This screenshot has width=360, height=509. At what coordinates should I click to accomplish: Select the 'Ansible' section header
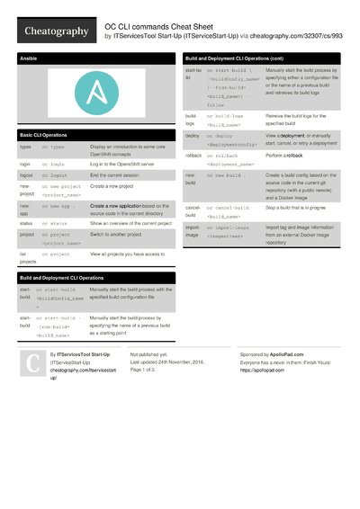pyautogui.click(x=29, y=59)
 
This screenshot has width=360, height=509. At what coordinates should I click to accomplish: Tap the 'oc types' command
pyautogui.click(x=53, y=146)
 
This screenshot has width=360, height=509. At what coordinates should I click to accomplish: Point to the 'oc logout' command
pyautogui.click(x=54, y=176)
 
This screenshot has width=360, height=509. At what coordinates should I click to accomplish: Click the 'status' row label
pyautogui.click(x=26, y=222)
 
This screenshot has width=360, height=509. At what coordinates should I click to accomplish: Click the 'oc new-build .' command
pyautogui.click(x=230, y=175)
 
